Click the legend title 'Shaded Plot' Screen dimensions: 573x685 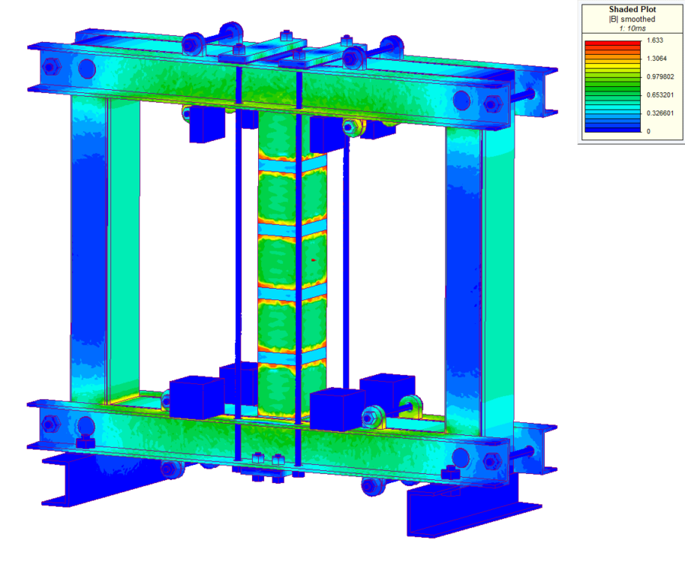[x=632, y=10]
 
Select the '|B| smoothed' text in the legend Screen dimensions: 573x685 [x=632, y=19]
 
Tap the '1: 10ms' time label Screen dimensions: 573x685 [x=632, y=28]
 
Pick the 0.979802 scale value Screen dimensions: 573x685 [x=659, y=76]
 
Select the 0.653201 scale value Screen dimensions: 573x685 [x=659, y=94]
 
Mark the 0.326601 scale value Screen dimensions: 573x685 [x=659, y=113]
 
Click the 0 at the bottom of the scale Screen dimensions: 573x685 [x=648, y=131]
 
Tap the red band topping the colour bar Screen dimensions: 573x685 [x=612, y=43]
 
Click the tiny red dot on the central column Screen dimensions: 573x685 [x=313, y=261]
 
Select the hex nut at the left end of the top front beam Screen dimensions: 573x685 [x=50, y=66]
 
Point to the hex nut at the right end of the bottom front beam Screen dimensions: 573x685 [x=491, y=461]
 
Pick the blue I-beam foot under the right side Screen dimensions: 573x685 [x=464, y=507]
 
